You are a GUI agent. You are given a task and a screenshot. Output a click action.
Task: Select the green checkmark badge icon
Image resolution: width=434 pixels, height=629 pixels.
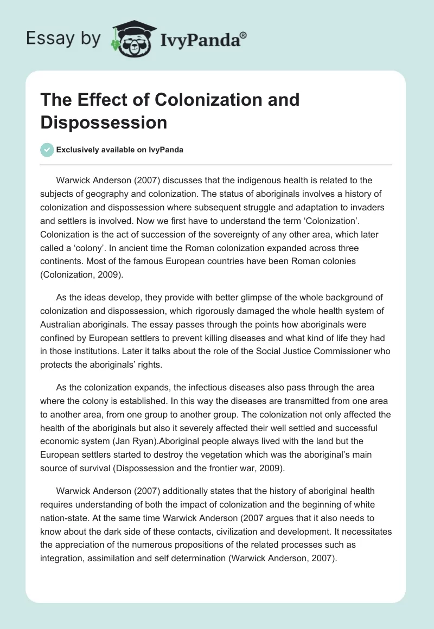(x=47, y=150)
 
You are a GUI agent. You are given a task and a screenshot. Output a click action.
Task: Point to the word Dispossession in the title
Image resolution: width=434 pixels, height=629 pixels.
(x=103, y=123)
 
